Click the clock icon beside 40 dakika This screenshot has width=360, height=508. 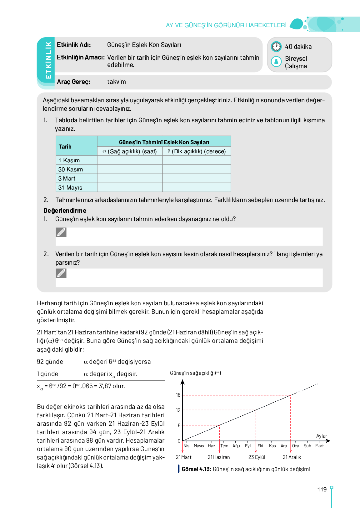(276, 47)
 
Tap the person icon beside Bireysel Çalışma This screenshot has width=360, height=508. (276, 62)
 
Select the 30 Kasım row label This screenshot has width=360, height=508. (71, 170)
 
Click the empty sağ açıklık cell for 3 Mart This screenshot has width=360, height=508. (130, 179)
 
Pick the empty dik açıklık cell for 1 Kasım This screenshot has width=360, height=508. (197, 160)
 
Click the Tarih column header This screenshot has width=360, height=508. (65, 146)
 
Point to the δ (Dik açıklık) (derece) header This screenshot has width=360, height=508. (197, 151)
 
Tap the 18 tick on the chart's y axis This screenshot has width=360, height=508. (178, 395)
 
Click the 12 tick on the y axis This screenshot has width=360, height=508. (178, 410)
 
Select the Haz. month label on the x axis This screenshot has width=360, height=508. (212, 446)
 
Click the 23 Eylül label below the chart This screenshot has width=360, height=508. (257, 457)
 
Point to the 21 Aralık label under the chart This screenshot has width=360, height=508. (292, 457)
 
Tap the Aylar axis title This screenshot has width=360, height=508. (322, 436)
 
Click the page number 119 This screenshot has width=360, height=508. (322, 490)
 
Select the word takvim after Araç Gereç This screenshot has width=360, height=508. (117, 82)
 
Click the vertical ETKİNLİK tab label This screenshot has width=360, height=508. (48, 60)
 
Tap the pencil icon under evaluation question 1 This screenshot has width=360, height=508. (61, 232)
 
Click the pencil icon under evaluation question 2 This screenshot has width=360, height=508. (61, 273)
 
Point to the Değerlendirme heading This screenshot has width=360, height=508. (65, 211)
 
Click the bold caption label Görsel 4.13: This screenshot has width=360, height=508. (197, 469)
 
